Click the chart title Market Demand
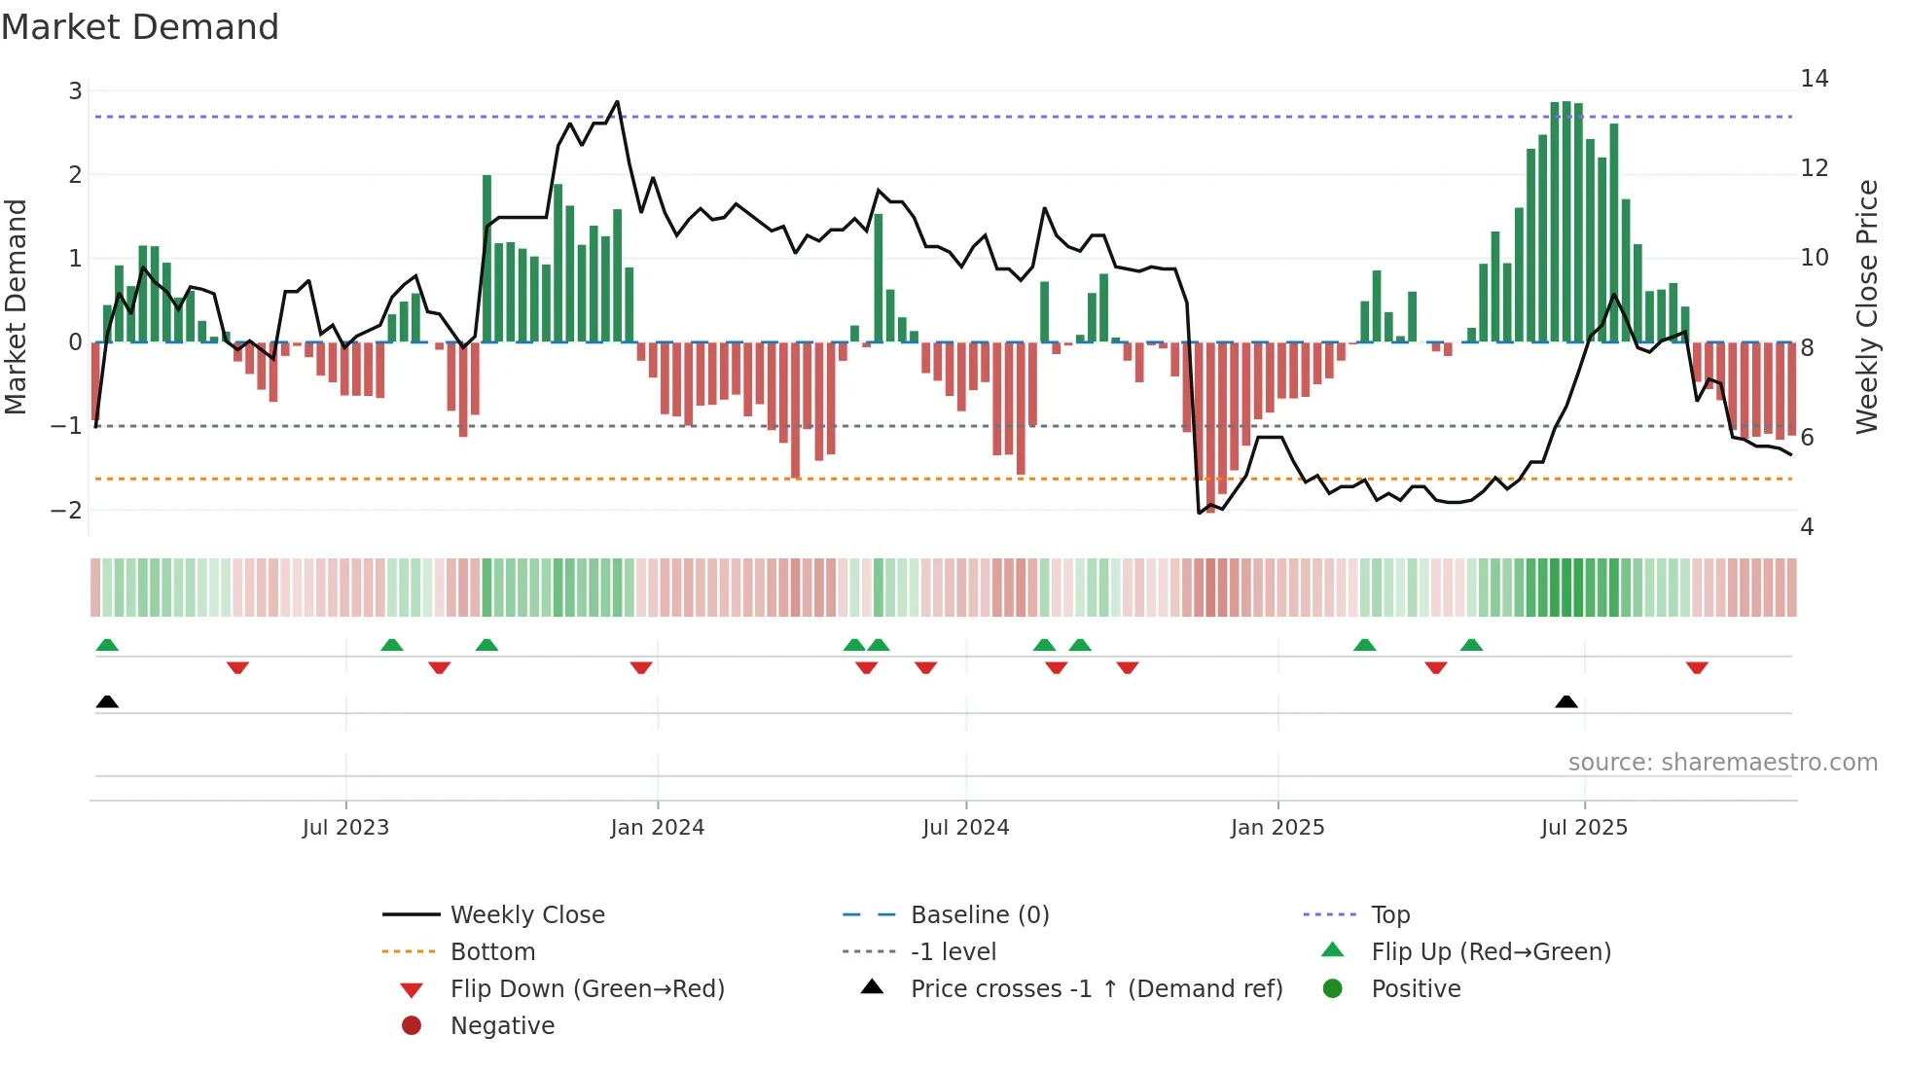pos(140,27)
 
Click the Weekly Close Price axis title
pos(1866,306)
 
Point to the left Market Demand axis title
pos(17,306)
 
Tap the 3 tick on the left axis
pos(75,91)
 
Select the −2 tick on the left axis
pos(67,510)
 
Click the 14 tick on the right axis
pos(1814,79)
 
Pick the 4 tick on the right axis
pos(1807,527)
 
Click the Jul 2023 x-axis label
pos(345,828)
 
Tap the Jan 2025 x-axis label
pos(1277,828)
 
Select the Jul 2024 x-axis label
pos(965,828)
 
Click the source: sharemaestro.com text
pos(1722,763)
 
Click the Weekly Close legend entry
pos(526,915)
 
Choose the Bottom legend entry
pos(492,952)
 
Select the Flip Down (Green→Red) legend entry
pos(587,989)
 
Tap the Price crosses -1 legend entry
pos(1096,989)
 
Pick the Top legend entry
pos(1390,915)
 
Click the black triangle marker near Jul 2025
pos(1566,702)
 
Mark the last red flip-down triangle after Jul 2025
pos(1697,667)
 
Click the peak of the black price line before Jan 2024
pos(617,101)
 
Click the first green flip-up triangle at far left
pos(107,645)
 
